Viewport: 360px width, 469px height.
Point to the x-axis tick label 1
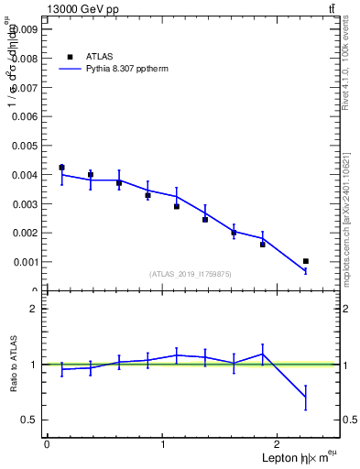click(163, 444)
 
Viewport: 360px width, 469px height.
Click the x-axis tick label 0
click(47, 444)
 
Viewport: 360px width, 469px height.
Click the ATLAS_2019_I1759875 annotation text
click(191, 274)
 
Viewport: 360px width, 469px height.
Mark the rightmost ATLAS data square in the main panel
click(306, 261)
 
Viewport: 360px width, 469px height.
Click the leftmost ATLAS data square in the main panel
click(61, 168)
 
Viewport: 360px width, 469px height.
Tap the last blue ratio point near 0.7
click(306, 397)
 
